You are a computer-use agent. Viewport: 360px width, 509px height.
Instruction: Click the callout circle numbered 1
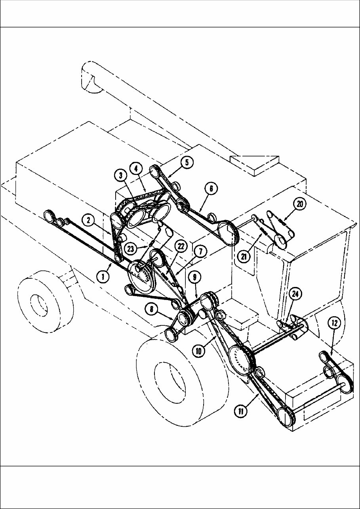[x=103, y=277]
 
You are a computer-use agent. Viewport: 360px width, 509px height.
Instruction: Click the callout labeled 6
[x=211, y=189]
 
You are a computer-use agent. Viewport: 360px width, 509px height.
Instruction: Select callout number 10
[x=199, y=350]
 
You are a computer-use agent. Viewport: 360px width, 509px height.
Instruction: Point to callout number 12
[x=334, y=323]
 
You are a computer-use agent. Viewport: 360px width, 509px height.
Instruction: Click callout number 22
[x=181, y=246]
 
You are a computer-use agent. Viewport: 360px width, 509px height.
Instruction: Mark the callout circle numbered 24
[x=295, y=294]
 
